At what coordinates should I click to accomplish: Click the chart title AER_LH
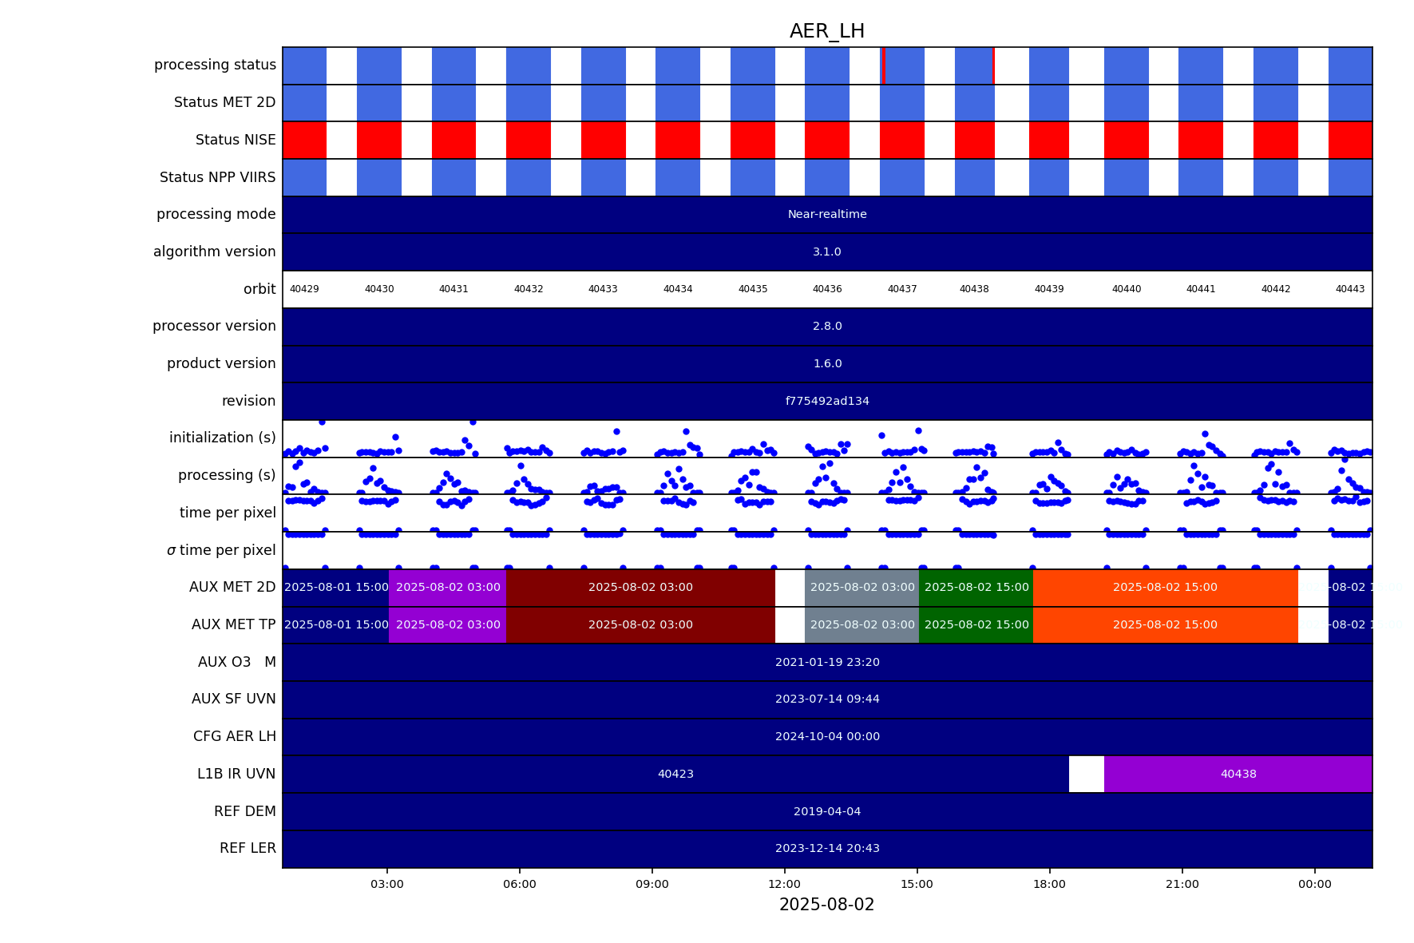tap(826, 31)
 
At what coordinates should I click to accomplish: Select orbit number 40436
tap(827, 289)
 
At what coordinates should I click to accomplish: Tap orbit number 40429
tap(304, 289)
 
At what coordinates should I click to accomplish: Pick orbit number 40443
tap(1350, 289)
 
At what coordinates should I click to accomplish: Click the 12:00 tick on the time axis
tap(785, 884)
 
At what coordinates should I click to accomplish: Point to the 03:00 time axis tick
tap(387, 884)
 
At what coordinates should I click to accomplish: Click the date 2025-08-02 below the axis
tap(826, 905)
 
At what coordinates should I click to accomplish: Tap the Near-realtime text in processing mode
tap(827, 214)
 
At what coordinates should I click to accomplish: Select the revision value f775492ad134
tap(827, 401)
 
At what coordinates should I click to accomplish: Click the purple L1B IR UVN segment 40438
tap(1238, 774)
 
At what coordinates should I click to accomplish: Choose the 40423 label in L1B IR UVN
tap(675, 774)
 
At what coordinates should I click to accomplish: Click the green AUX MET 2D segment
tap(976, 587)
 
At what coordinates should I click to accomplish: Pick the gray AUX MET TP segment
tap(862, 624)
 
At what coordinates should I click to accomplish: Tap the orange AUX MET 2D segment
tap(1165, 587)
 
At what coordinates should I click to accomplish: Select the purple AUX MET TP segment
tap(448, 624)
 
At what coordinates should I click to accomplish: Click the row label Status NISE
tap(236, 140)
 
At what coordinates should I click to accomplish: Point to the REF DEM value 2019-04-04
tap(827, 811)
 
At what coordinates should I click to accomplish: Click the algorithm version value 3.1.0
tap(827, 252)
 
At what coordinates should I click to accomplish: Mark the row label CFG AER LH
tap(235, 736)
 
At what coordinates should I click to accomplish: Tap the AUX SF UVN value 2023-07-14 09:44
tap(827, 699)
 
